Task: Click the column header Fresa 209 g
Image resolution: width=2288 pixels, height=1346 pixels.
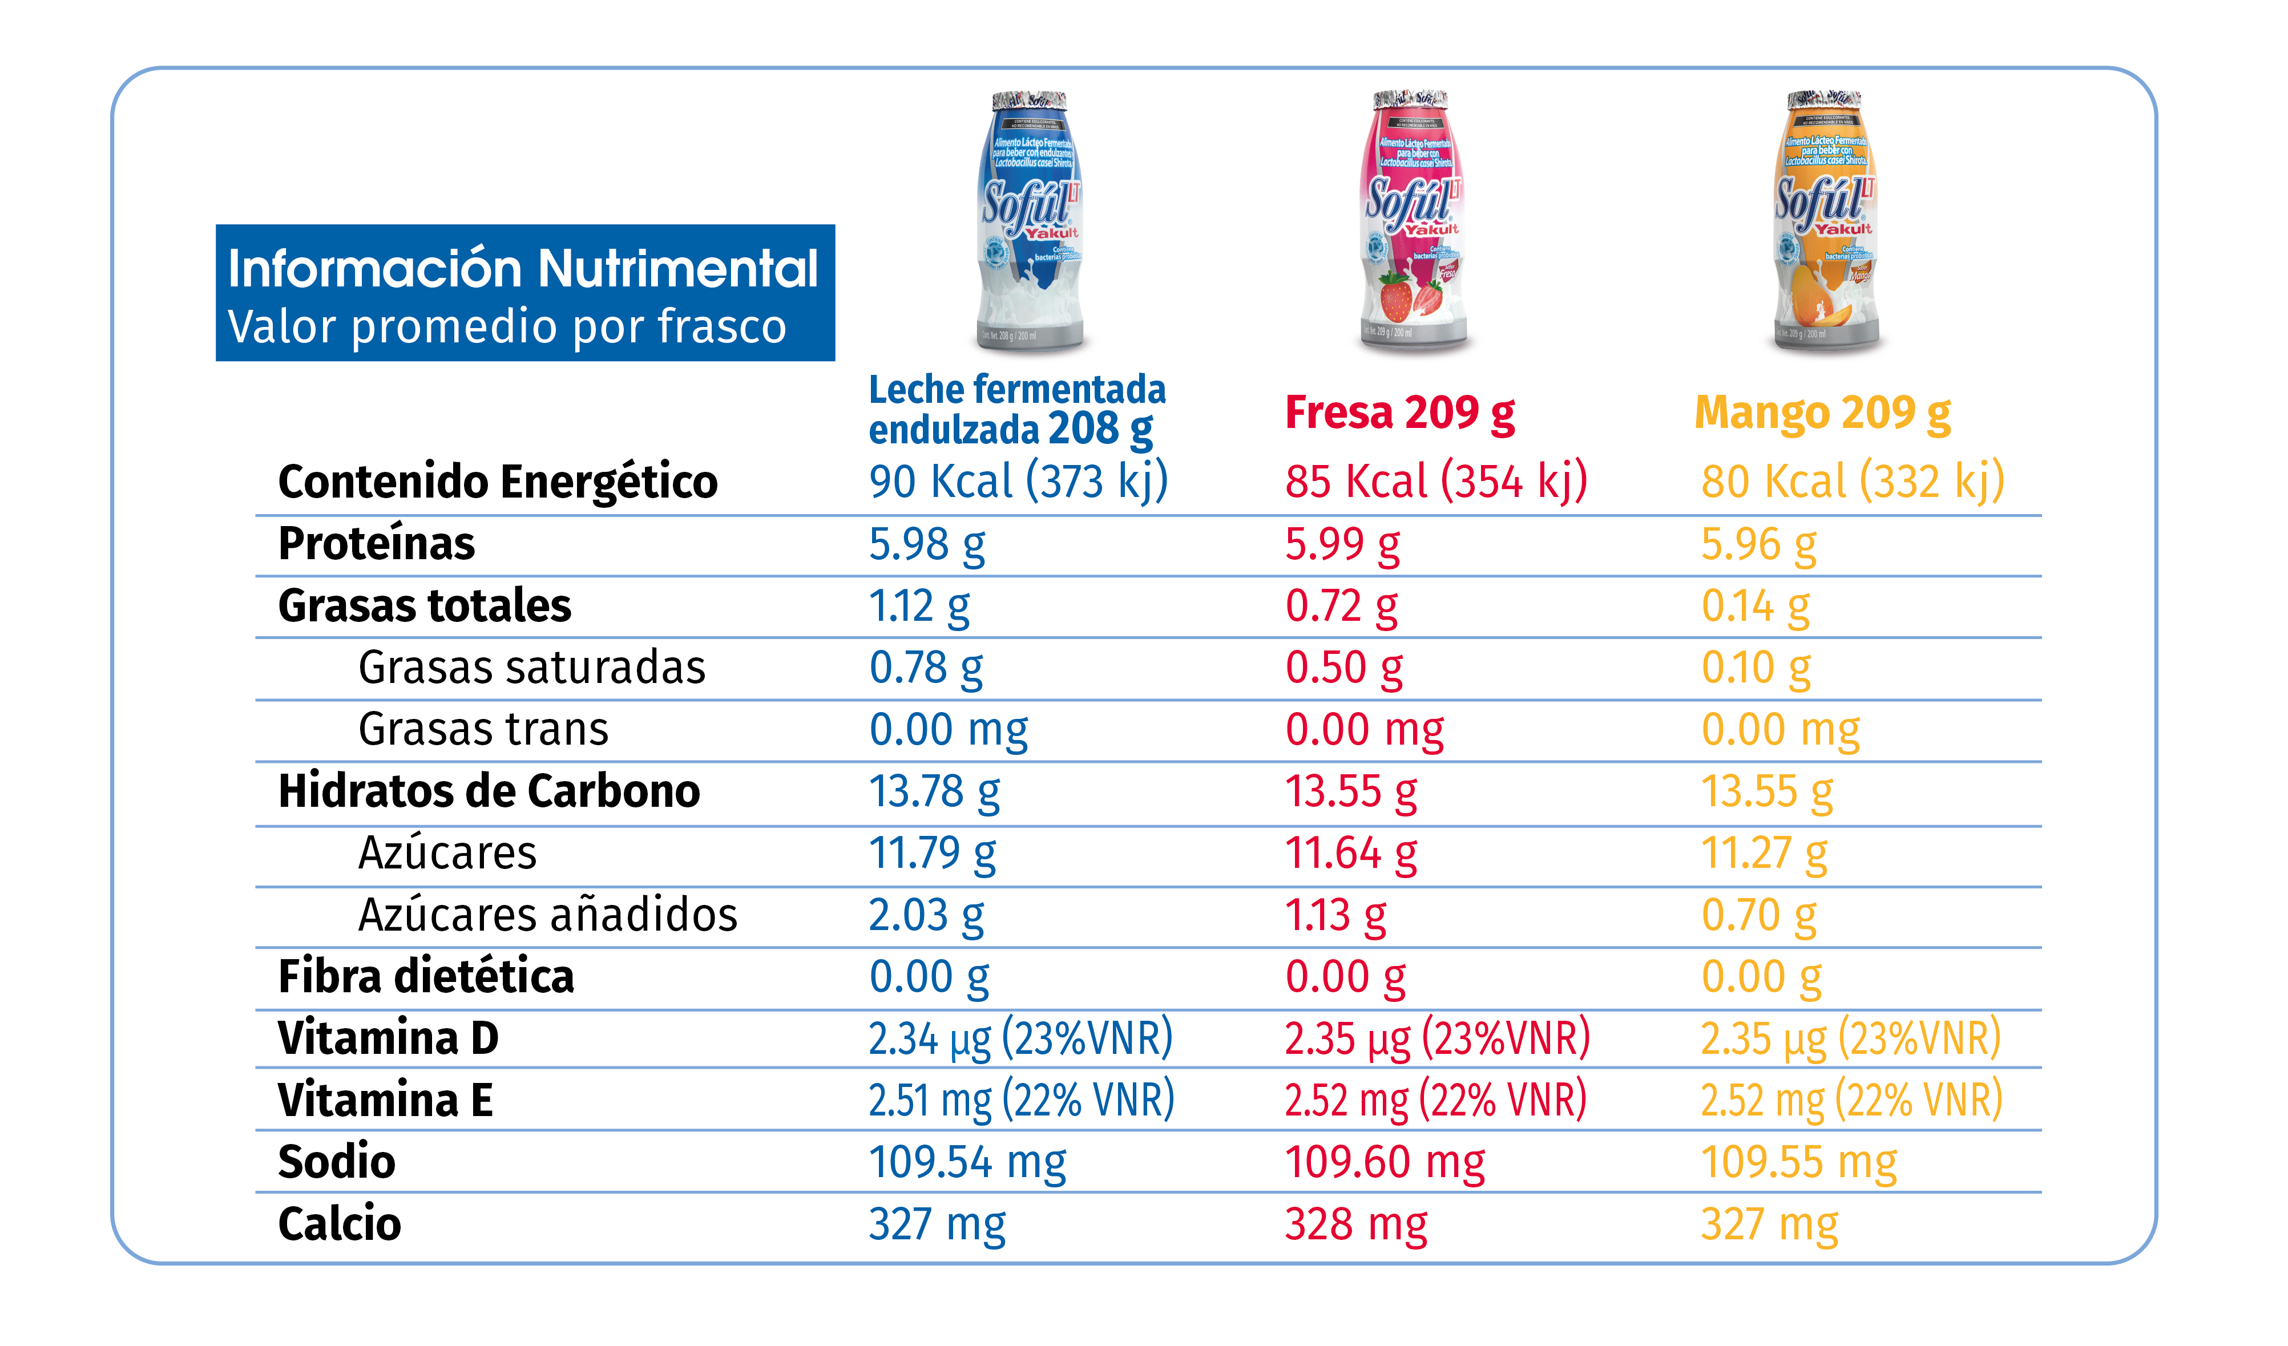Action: [x=1399, y=414]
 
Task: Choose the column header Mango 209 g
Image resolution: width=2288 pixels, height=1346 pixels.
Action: [x=1822, y=414]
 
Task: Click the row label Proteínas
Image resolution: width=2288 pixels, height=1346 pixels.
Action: [x=376, y=544]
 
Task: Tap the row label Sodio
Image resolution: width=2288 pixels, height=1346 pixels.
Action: [x=337, y=1162]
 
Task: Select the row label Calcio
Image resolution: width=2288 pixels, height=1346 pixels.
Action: [x=340, y=1223]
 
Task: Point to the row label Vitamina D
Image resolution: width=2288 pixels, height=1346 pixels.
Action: [x=389, y=1038]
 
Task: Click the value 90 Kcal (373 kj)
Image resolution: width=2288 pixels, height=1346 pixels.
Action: [x=1018, y=481]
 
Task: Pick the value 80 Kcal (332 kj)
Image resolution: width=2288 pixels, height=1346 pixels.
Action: [x=1852, y=481]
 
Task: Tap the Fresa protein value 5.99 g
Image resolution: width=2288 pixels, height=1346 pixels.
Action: [x=1342, y=544]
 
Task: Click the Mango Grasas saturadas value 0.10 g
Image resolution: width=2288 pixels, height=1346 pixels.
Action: [x=1755, y=668]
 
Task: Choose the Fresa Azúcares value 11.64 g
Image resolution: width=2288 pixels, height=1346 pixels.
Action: [x=1350, y=853]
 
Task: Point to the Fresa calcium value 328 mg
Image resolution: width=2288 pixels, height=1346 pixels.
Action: [x=1355, y=1223]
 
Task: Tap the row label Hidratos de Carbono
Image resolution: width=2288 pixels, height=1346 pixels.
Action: [x=489, y=791]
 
